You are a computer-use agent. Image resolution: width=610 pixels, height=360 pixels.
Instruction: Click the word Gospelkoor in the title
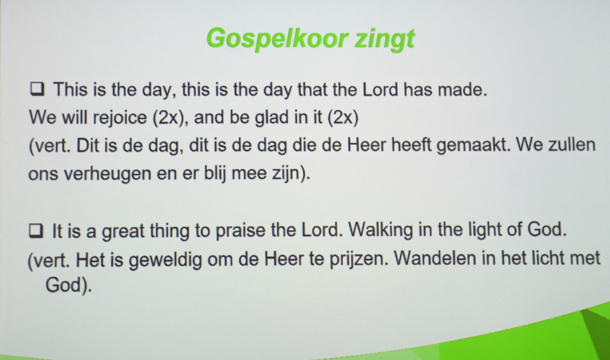pyautogui.click(x=277, y=39)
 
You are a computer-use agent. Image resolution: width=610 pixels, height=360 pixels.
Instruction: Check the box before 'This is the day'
pyautogui.click(x=37, y=88)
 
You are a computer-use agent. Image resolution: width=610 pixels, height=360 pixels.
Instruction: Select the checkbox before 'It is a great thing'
pyautogui.click(x=36, y=231)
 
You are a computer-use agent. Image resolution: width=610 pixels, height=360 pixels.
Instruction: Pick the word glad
pyautogui.click(x=272, y=118)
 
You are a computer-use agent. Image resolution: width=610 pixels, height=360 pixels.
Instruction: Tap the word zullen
pyautogui.click(x=572, y=145)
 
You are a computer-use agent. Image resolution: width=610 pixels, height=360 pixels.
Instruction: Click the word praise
pyautogui.click(x=240, y=231)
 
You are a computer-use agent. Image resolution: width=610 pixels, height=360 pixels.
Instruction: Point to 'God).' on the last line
pyautogui.click(x=69, y=286)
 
